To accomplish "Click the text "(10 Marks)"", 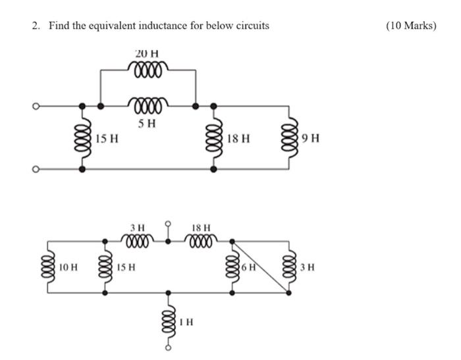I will [x=412, y=26].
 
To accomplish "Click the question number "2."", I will [x=36, y=26].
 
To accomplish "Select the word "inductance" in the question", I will [x=166, y=26].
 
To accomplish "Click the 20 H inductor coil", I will [x=148, y=67].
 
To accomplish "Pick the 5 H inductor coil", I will [x=148, y=104].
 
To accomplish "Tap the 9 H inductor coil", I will [x=288, y=137].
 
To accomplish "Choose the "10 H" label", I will [x=68, y=268].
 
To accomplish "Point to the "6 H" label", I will [x=248, y=268].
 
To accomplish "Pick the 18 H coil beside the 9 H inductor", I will [x=213, y=137].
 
